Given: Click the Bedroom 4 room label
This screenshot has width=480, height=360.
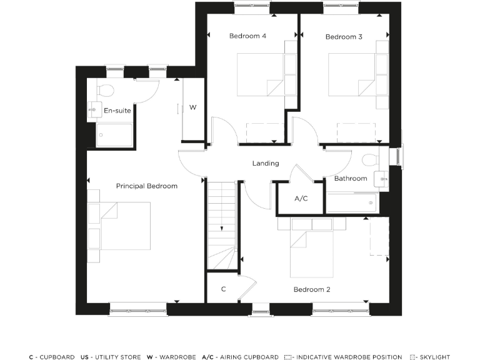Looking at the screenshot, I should [247, 36].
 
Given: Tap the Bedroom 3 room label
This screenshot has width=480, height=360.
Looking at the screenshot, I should [344, 37].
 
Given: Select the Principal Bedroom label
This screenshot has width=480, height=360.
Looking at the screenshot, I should [147, 186].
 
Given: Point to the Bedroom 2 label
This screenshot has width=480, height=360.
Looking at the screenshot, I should [312, 289].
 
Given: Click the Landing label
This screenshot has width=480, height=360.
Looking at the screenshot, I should [266, 164].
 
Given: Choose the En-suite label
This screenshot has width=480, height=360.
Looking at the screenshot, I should [117, 111].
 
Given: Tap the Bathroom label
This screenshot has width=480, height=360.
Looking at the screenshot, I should [350, 179].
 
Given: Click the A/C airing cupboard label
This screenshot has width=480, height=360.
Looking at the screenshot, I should [301, 199].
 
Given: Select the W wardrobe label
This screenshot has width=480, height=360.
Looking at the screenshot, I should [193, 107].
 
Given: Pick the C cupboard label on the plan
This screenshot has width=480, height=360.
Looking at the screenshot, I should [224, 289].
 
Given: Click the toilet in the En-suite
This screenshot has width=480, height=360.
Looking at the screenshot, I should [105, 90].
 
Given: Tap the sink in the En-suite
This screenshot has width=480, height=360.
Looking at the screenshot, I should [94, 110].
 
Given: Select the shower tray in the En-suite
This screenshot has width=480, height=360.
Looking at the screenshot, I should [114, 134].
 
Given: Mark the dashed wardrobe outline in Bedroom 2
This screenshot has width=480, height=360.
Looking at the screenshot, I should [379, 237].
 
